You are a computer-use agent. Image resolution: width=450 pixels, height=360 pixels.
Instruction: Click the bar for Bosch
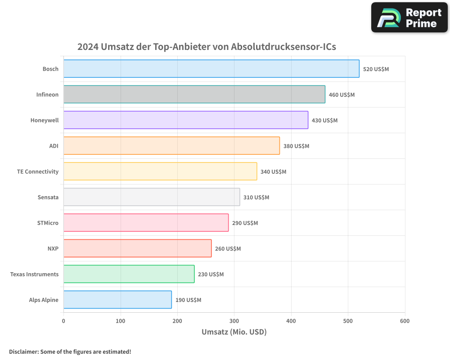(211, 69)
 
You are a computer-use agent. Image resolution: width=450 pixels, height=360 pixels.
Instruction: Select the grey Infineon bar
(194, 94)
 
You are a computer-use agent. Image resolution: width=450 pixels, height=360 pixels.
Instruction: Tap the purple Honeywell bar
(185, 120)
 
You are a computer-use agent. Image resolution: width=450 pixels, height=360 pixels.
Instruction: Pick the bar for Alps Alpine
(117, 300)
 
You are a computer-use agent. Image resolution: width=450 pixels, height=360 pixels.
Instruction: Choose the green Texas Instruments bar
(129, 274)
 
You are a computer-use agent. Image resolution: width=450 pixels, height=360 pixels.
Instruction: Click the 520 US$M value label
(376, 69)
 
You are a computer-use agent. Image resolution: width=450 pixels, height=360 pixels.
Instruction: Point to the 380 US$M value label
(296, 146)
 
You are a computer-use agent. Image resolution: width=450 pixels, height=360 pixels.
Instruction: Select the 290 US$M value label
(245, 223)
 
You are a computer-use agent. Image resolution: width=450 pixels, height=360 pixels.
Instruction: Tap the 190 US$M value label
(188, 300)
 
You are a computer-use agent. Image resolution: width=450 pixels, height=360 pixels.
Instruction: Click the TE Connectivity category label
(38, 171)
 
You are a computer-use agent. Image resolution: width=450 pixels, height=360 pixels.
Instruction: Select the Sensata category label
(48, 197)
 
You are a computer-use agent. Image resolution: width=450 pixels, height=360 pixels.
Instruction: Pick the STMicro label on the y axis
(48, 223)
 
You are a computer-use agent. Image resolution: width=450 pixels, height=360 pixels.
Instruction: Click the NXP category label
(53, 248)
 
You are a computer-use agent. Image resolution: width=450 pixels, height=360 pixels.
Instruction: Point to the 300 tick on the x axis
(234, 321)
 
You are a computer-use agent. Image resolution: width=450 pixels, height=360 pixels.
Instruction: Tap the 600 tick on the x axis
(405, 321)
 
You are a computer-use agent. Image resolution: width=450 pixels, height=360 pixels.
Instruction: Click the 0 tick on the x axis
(63, 321)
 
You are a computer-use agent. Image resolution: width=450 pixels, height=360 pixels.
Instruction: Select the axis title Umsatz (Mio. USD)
(234, 332)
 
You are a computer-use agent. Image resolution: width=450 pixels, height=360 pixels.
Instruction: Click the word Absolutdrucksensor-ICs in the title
(283, 47)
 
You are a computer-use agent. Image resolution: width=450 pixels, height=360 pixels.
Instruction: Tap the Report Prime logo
(409, 18)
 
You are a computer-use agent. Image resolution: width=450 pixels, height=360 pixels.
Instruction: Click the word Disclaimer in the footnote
(23, 351)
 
